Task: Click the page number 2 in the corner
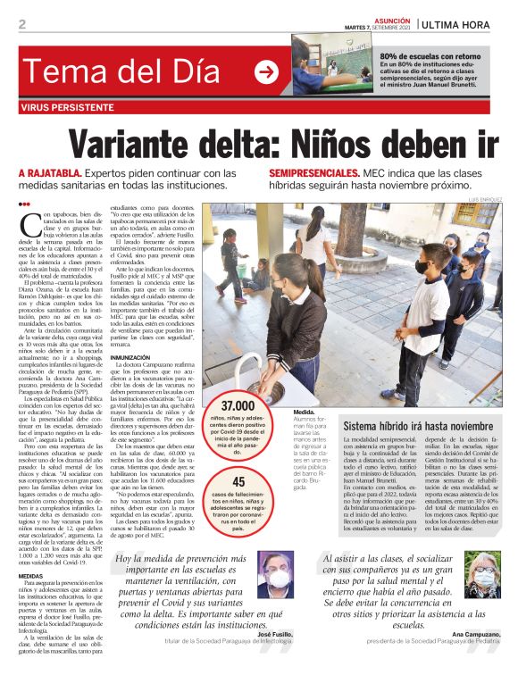pyautogui.click(x=22, y=24)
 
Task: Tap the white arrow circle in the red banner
pyautogui.click(x=266, y=71)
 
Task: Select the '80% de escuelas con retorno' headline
pyautogui.click(x=430, y=55)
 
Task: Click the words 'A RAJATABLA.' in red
pyautogui.click(x=50, y=173)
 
